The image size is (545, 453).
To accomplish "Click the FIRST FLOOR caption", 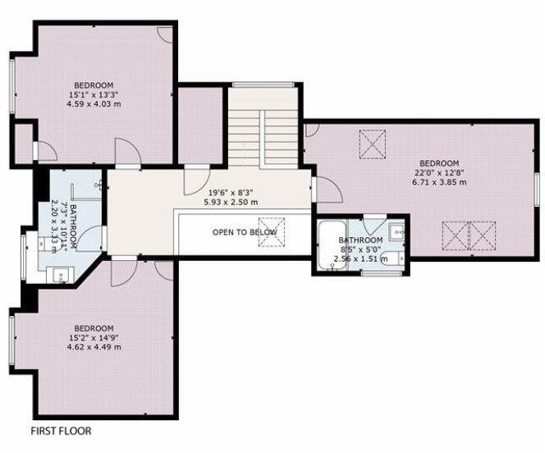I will point(61,430).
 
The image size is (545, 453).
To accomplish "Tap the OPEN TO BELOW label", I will point(245,232).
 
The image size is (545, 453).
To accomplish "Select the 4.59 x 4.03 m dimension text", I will point(93,104).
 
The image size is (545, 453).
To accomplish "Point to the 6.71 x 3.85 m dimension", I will point(438,182).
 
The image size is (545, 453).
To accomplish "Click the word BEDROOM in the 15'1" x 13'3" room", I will point(93,85).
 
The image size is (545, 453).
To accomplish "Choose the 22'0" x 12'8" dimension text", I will point(438,172).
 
